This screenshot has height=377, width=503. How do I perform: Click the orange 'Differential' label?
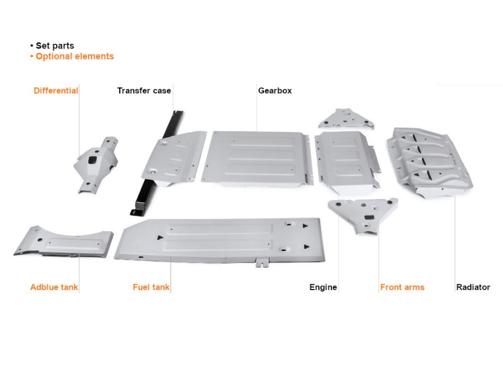click(x=56, y=91)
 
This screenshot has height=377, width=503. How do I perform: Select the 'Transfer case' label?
click(x=144, y=91)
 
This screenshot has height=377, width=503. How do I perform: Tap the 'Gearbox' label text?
click(x=274, y=91)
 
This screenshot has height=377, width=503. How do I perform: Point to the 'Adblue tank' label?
click(x=54, y=287)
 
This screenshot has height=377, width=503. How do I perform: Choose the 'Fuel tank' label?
click(x=151, y=287)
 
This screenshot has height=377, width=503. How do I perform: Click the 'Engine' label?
click(x=323, y=287)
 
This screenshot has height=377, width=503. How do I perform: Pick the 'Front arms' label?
click(x=402, y=287)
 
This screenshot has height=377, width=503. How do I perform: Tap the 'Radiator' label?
click(x=473, y=287)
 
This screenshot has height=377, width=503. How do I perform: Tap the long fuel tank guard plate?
click(x=219, y=239)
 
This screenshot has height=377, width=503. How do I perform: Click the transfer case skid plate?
click(x=172, y=156)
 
